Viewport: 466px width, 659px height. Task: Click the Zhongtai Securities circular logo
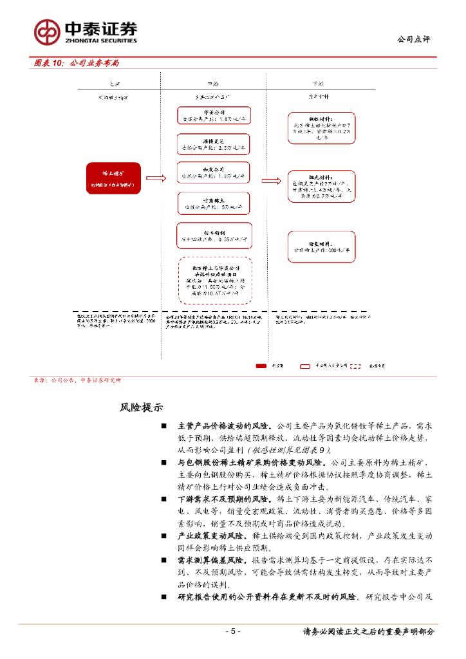point(47,31)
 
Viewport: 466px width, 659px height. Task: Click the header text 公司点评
point(414,40)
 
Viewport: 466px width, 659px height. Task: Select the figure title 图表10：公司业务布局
point(77,63)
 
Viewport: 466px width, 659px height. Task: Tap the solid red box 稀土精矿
point(113,178)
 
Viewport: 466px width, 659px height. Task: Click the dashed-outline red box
point(214,280)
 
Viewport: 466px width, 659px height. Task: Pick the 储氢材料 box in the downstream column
point(322,248)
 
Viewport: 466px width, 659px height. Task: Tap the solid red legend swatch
point(261,366)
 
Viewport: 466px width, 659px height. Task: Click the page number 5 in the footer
point(232,631)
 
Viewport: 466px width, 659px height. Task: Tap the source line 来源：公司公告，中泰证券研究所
point(77,380)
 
